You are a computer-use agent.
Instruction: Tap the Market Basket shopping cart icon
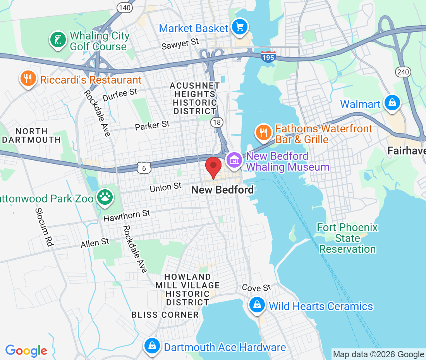240,27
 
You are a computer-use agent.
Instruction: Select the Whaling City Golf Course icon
58,39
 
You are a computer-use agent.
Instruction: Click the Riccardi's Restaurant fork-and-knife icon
27,79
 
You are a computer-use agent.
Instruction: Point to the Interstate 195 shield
268,57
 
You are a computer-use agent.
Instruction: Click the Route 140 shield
125,7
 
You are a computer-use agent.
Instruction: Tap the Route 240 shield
403,71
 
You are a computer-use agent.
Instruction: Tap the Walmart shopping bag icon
392,103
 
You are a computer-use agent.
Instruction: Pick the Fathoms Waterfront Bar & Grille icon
264,132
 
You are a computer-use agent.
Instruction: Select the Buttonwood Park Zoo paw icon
105,197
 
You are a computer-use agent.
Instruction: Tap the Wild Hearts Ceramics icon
257,305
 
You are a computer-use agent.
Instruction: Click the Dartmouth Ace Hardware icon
152,346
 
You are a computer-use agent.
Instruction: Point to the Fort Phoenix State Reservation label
347,238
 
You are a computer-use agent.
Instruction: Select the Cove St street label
256,288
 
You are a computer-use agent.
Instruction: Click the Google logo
26,351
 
